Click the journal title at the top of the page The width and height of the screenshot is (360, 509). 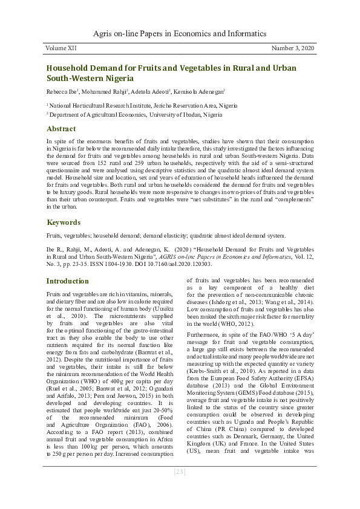(x=180, y=34)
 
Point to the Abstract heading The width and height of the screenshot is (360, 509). (x=62, y=129)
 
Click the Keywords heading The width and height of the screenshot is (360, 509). (x=64, y=222)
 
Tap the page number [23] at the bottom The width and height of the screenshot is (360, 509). (x=180, y=488)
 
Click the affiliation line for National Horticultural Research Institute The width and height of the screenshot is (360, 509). (x=135, y=105)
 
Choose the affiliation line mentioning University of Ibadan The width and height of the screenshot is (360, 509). (x=136, y=114)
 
